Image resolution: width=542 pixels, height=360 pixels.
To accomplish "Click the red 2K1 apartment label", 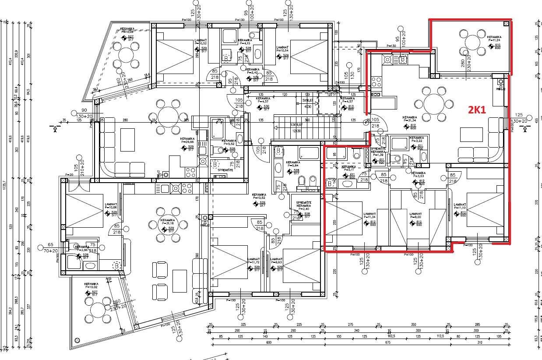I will (x=477, y=110).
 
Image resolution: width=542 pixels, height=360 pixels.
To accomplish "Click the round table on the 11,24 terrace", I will (x=473, y=42).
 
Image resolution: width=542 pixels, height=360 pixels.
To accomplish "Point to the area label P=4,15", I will (x=245, y=43).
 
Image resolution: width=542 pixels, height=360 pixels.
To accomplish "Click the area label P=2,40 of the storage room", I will (x=304, y=209).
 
